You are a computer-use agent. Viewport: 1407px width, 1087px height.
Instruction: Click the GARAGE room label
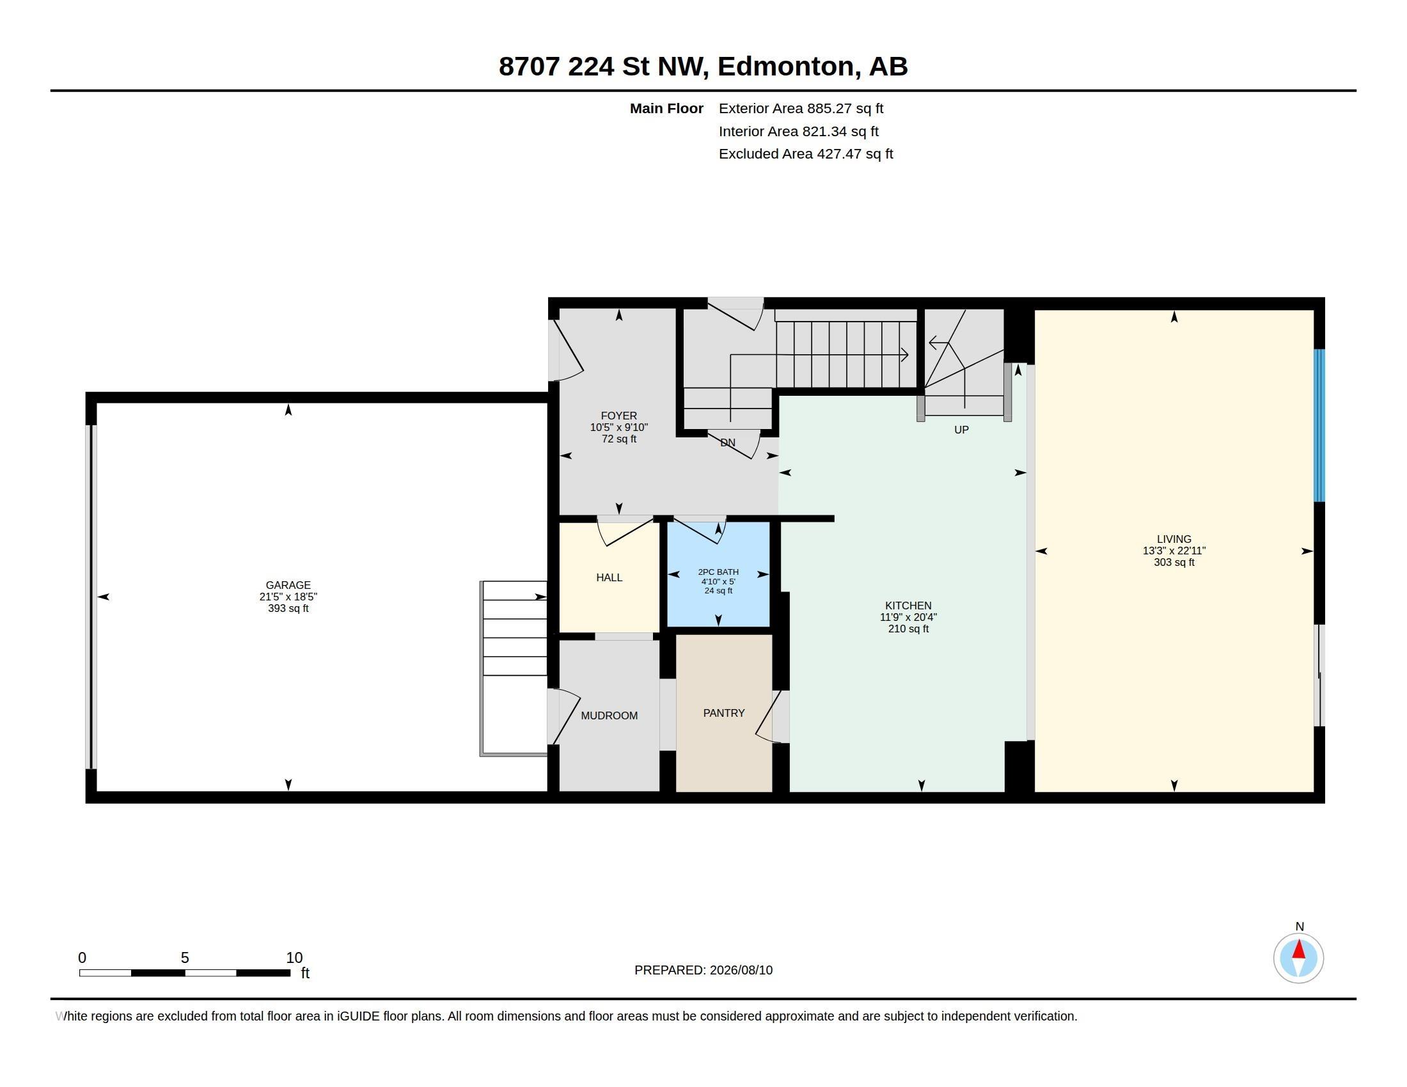pos(288,584)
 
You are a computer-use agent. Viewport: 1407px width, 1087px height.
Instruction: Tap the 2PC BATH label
pos(718,572)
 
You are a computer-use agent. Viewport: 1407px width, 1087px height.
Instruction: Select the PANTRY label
pos(723,713)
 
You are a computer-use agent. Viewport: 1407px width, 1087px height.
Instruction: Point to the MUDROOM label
pos(609,716)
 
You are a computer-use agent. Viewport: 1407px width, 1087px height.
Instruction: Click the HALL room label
pos(609,577)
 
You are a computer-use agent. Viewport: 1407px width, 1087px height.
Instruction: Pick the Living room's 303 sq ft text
pos(1174,562)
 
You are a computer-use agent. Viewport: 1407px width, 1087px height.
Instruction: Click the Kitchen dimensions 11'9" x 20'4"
pos(908,617)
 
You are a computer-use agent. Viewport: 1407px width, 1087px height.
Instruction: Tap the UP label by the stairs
pos(961,430)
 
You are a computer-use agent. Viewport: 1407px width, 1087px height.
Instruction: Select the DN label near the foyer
pos(727,442)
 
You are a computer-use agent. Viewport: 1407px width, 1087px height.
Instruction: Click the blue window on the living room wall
pos(1319,425)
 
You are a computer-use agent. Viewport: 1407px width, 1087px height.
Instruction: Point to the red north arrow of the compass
pos(1299,950)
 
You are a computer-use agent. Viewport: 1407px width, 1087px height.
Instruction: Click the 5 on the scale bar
pos(185,958)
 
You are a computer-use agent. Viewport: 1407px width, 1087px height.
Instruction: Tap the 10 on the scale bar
pos(294,958)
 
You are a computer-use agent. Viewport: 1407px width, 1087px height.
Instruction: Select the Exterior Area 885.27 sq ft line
pos(801,109)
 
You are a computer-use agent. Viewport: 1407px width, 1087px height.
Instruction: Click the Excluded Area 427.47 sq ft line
pos(806,154)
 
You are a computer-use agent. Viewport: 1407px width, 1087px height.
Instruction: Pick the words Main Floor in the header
pos(666,109)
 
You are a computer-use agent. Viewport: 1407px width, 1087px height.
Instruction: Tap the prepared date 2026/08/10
pos(741,970)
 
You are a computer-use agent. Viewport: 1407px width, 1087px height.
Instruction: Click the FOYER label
pos(618,416)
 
